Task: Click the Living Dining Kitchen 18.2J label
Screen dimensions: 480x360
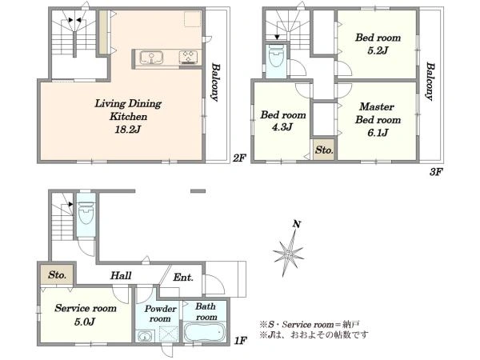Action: (128, 116)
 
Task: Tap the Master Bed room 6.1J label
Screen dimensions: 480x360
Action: (378, 119)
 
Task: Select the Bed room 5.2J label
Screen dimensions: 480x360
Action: (378, 44)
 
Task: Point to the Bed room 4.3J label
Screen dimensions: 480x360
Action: (283, 121)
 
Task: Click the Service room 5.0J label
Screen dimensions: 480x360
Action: (86, 314)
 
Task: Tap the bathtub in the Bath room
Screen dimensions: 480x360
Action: (205, 333)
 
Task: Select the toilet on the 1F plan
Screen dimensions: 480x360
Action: (86, 212)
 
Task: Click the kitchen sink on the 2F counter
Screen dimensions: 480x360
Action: (151, 58)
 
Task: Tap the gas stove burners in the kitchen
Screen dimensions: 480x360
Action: (188, 58)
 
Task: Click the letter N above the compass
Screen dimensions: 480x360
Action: (296, 224)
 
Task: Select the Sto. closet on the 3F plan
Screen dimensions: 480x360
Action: (324, 150)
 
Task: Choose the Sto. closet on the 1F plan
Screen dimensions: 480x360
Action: (57, 274)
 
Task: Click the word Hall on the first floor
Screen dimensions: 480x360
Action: (121, 275)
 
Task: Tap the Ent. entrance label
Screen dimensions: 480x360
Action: (183, 278)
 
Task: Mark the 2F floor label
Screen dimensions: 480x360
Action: (239, 158)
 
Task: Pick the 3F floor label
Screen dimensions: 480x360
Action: (436, 172)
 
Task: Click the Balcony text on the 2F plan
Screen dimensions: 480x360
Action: (215, 82)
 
